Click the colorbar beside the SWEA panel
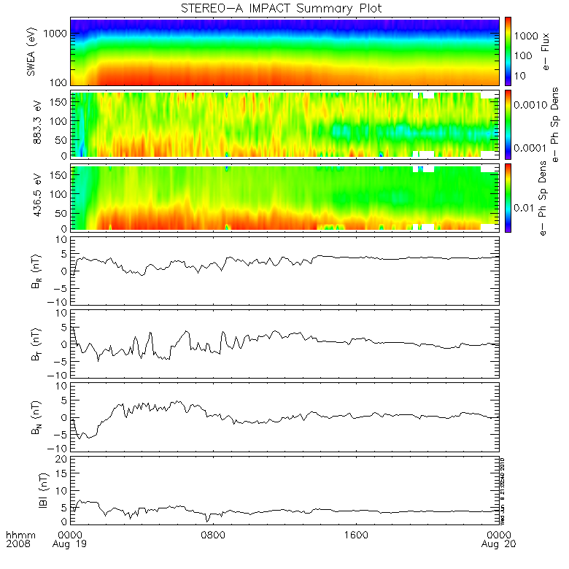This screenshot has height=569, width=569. pos(508,51)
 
